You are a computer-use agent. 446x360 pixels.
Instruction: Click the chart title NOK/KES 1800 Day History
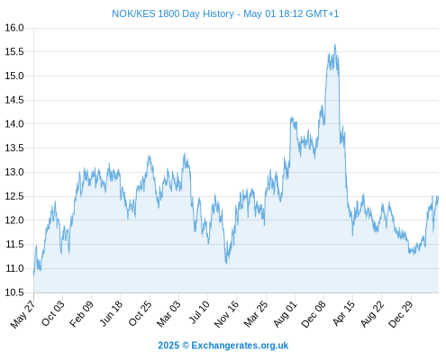coord(173,13)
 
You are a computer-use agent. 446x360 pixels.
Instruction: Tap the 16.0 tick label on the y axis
coord(14,28)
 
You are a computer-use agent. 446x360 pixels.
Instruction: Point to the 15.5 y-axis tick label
coord(14,52)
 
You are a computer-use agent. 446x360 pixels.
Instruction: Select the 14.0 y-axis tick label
coord(14,124)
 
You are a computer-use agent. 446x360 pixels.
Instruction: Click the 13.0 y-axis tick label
coord(14,172)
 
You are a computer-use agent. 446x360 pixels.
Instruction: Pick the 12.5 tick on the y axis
coord(14,196)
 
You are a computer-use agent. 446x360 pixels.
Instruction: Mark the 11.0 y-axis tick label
coord(14,268)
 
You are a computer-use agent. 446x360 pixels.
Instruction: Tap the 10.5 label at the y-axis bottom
coord(14,292)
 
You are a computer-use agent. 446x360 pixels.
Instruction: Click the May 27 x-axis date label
coord(23,314)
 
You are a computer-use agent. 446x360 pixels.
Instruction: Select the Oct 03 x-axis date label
coord(53,313)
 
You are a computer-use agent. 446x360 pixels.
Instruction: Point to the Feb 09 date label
coord(81,314)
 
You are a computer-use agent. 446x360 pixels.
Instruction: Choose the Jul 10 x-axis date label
coord(199,312)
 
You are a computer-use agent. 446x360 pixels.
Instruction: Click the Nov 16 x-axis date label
coord(226,314)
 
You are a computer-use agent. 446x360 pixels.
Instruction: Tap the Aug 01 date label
coord(285,314)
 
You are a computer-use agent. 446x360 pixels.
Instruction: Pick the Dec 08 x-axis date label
coord(314,314)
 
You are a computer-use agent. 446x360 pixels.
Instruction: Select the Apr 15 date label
coord(343,313)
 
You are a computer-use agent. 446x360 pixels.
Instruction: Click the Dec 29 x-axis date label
coord(401,314)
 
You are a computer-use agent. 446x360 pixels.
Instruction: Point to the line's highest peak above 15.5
coord(335,45)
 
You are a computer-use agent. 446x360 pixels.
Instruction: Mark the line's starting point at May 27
coord(33,274)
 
